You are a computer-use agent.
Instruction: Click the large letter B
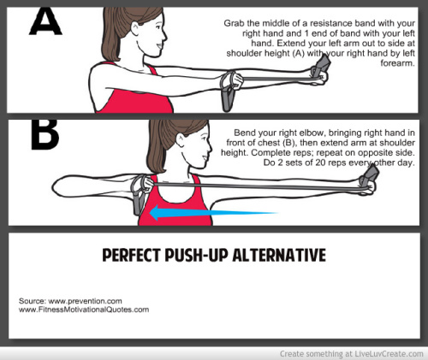[45, 134]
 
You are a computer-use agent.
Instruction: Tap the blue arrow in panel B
[213, 213]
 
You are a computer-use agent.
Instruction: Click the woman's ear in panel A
[135, 29]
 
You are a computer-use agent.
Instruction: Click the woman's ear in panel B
[181, 140]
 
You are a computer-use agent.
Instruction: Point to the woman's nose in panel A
[163, 36]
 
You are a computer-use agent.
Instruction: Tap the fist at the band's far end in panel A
[321, 76]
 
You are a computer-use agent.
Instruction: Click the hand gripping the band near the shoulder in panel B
[147, 184]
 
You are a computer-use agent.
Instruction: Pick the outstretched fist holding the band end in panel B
[368, 185]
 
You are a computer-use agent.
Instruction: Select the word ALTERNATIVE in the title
[279, 255]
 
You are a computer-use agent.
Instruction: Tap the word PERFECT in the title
[131, 255]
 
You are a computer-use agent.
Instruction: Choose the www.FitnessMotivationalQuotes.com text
[84, 310]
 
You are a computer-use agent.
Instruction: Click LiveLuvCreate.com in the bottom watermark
[389, 354]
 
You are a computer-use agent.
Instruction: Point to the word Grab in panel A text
[234, 23]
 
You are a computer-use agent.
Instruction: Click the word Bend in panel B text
[244, 133]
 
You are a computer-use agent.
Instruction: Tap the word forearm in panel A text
[397, 63]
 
